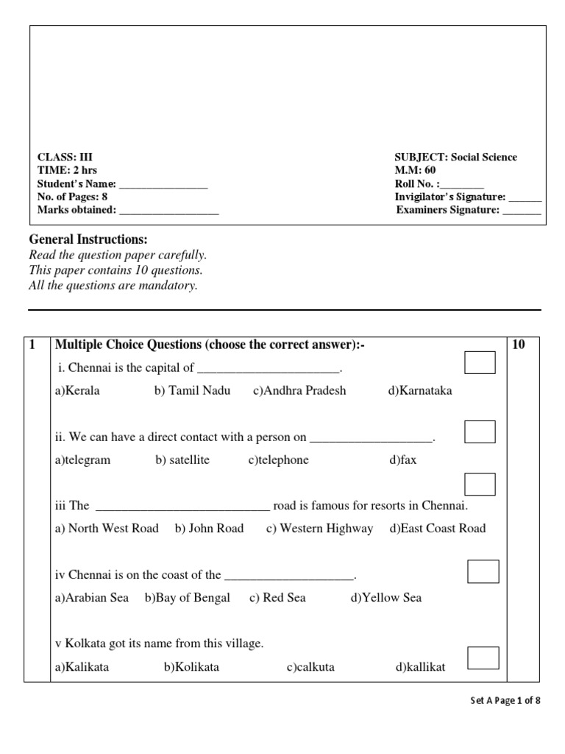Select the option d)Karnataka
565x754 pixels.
[420, 391]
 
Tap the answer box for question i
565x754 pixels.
[480, 363]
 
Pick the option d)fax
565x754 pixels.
[403, 460]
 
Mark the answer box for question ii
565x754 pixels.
[480, 432]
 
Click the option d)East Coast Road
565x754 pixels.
[438, 529]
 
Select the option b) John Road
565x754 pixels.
[209, 529]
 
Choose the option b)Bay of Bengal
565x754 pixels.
[188, 598]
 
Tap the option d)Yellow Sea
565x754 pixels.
[386, 598]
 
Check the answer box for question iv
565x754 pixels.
[483, 571]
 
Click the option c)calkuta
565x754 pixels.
[310, 668]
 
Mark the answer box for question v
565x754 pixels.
[483, 658]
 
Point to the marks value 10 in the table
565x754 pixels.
[518, 345]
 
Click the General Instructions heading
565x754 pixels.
[88, 239]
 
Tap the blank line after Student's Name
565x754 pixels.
[163, 184]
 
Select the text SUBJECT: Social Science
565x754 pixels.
[455, 158]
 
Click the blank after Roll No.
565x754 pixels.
[463, 184]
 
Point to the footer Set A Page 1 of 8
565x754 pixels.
[505, 701]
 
